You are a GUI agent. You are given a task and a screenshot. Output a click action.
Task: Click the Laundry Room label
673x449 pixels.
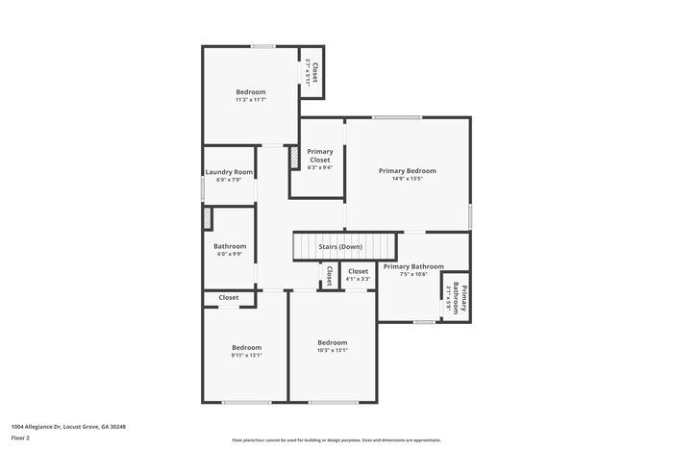pos(229,172)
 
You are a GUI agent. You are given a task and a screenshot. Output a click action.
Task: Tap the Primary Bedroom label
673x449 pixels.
pos(408,170)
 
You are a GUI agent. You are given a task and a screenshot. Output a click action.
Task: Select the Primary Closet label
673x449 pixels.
pos(319,156)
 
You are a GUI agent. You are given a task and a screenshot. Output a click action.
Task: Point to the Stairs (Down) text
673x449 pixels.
pos(340,247)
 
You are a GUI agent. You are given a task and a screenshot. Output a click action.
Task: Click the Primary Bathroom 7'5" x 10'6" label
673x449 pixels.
pos(413,266)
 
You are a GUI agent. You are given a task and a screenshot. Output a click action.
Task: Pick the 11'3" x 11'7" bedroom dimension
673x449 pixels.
pos(251,100)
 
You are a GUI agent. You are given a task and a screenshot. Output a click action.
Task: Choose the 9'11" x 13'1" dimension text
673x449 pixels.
pos(246,356)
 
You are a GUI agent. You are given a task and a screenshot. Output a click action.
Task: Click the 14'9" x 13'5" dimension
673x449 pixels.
pos(408,179)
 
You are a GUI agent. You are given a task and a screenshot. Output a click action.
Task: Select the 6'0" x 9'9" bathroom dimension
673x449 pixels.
pos(230,254)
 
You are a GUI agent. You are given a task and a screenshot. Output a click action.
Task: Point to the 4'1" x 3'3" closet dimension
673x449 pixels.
pos(358,280)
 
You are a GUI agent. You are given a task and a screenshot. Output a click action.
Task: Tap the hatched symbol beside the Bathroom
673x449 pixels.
pos(207,218)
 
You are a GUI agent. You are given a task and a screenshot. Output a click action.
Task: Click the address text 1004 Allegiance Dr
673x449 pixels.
pos(68,426)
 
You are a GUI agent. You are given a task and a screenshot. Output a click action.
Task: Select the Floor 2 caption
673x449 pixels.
pos(21,437)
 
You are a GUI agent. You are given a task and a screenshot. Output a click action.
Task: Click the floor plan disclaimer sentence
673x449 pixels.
pos(336,439)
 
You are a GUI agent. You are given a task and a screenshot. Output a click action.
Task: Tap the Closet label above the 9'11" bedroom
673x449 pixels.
pos(229,298)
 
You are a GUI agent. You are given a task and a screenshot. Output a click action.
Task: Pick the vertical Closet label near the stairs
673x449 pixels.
pos(329,276)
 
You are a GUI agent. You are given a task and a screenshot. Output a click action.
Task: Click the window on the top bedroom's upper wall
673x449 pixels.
pos(263,46)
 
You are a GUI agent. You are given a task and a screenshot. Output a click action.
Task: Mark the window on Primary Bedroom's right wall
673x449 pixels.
pos(470,214)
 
